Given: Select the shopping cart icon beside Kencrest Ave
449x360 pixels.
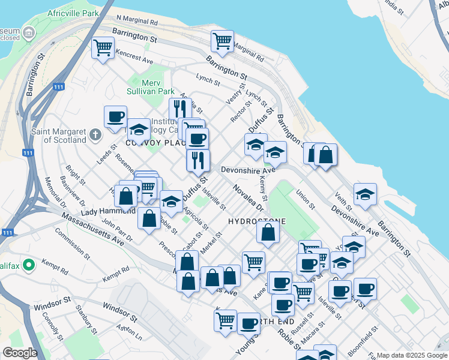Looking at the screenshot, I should (x=103, y=47).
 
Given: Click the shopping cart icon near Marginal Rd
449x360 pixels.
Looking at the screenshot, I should (x=222, y=40).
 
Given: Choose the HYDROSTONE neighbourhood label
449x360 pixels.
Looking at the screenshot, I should (x=257, y=221).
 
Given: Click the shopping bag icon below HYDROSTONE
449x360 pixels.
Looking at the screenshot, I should (x=268, y=232).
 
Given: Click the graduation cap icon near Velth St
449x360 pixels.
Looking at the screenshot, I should (x=364, y=194).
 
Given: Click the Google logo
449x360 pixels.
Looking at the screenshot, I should (x=20, y=353).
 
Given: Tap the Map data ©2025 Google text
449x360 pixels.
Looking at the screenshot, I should (x=412, y=355).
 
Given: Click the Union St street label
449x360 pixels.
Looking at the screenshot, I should (x=306, y=199).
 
